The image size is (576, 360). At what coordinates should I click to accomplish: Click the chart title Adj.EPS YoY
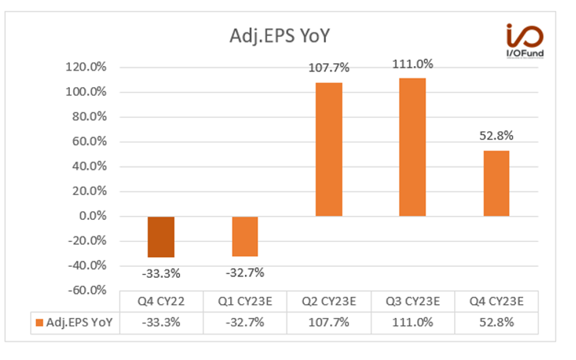click(279, 36)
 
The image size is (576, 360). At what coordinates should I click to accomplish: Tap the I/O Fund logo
click(524, 43)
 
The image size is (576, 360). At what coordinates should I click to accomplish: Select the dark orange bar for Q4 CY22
click(161, 237)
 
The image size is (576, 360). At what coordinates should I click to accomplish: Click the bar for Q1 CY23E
click(244, 236)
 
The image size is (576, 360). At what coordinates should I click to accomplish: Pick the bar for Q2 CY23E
click(329, 149)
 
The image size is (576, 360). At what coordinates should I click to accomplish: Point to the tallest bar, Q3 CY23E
click(412, 147)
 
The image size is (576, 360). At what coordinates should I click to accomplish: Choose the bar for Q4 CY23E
click(496, 183)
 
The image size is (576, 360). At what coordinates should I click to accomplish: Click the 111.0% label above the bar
click(412, 64)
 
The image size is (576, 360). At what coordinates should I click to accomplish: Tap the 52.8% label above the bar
click(496, 136)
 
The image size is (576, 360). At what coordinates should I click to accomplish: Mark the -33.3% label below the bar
click(161, 273)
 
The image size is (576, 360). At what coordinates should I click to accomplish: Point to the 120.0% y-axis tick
click(86, 67)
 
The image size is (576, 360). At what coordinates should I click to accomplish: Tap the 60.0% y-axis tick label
click(88, 142)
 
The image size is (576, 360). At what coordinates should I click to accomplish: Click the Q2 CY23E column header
click(329, 302)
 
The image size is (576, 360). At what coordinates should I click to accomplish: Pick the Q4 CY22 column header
click(161, 302)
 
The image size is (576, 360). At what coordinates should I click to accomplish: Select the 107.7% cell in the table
click(329, 322)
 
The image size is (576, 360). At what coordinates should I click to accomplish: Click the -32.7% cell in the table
click(244, 322)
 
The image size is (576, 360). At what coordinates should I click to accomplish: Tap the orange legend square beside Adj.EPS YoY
click(39, 323)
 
